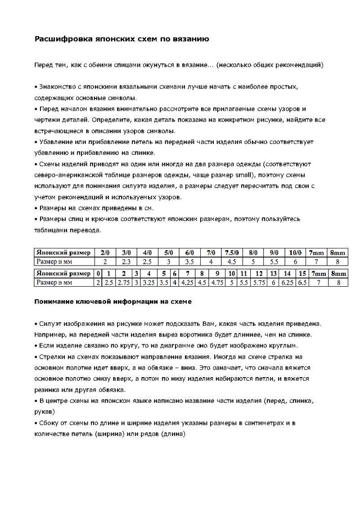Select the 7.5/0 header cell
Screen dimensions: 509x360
tap(232, 252)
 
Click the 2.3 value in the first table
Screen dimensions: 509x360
tap(126, 261)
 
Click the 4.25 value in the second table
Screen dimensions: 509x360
tap(187, 283)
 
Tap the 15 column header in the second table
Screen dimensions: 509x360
tap(302, 274)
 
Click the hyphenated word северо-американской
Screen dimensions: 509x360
tap(73, 175)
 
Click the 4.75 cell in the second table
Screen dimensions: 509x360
tap(217, 283)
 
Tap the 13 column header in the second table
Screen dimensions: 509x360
tap(272, 274)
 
